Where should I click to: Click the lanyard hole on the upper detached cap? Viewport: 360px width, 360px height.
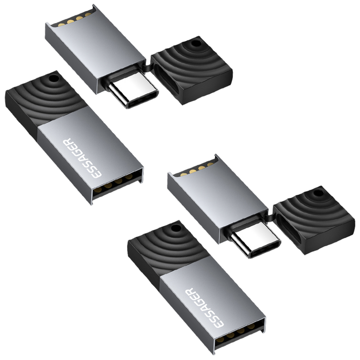click(195, 46)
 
